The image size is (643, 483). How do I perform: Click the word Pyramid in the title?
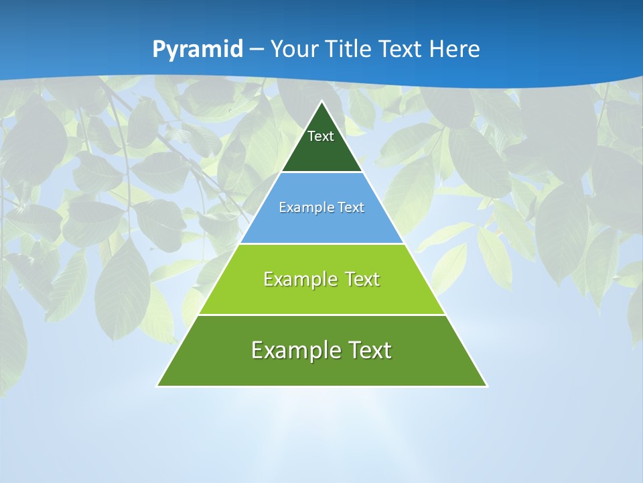[x=198, y=50]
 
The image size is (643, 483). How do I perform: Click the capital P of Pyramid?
[x=159, y=49]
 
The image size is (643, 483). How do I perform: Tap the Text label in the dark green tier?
[x=321, y=136]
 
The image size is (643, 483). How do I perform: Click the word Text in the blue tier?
[x=350, y=207]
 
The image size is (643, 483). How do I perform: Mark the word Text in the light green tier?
[x=360, y=279]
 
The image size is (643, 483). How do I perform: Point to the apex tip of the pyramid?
[x=322, y=102]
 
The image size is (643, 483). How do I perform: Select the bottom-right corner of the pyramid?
[x=486, y=386]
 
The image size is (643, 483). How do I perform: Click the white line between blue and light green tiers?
[x=322, y=244]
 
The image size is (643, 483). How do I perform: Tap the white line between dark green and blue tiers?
[x=322, y=172]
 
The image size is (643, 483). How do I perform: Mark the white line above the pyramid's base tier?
[x=322, y=315]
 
